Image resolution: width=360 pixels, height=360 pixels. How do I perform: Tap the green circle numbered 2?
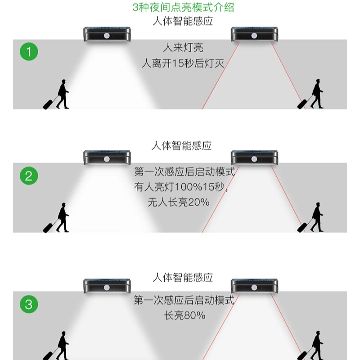(x=29, y=175)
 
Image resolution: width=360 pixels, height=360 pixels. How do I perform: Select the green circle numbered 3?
(x=29, y=305)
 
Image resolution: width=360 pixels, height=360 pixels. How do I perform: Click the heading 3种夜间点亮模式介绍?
(x=183, y=8)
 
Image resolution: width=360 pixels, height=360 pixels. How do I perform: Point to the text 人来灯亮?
(x=183, y=47)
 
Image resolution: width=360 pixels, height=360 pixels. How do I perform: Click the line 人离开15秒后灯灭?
(x=183, y=63)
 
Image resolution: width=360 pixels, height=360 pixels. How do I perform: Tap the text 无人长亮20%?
(x=179, y=202)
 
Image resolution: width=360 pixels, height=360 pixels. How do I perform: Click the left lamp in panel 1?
(x=107, y=34)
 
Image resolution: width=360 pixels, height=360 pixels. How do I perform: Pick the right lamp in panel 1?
(x=254, y=34)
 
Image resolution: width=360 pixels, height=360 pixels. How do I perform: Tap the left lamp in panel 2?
(x=107, y=157)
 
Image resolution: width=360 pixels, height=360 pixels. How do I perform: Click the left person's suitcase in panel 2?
(x=48, y=227)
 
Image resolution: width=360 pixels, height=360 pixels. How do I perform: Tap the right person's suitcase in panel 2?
(x=302, y=227)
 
